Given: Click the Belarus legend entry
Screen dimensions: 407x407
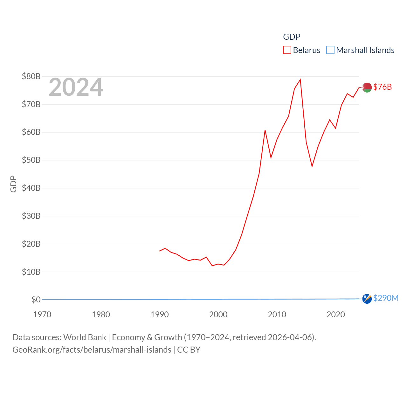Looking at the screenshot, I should tap(302, 50).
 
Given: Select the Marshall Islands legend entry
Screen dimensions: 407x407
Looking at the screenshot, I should tap(361, 50).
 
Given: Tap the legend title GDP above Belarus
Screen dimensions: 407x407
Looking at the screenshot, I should tap(292, 37).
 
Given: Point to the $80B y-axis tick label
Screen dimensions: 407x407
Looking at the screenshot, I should tap(31, 76).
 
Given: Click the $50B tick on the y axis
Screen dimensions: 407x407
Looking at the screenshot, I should tap(31, 160).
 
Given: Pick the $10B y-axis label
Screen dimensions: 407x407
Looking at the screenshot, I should tap(31, 272).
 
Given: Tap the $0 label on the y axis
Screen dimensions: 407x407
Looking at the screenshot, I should tap(36, 300).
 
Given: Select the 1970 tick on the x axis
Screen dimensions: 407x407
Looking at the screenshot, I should tap(42, 314).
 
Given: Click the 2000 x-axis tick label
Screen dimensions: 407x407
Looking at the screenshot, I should tap(218, 314).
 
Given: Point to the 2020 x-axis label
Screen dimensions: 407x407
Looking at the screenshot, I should tap(336, 314).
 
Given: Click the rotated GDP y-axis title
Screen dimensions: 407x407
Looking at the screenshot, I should tap(13, 184).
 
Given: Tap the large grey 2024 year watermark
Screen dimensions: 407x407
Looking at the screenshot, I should tap(76, 87).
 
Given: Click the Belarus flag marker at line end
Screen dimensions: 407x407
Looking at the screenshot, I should tap(367, 87).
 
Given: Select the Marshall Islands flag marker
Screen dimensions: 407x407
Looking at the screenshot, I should tap(367, 299).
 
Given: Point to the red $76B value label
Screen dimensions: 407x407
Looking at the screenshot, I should tap(383, 87).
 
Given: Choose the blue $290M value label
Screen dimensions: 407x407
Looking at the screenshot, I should tap(386, 298).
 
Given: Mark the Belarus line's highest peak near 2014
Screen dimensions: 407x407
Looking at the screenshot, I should tap(300, 80).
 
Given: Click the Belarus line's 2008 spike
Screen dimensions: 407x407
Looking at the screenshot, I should tap(265, 130).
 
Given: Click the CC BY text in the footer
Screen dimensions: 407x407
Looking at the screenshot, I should tap(189, 350).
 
